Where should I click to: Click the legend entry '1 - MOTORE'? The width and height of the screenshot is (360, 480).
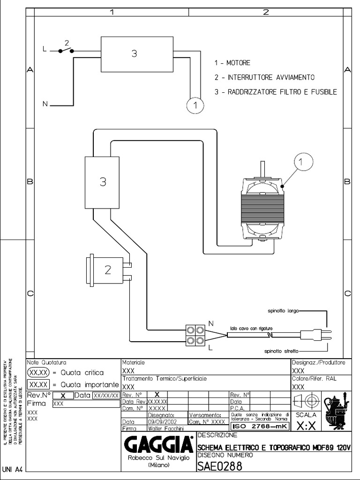point(232,63)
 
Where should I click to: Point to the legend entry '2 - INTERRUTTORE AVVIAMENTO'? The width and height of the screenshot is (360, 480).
point(264,77)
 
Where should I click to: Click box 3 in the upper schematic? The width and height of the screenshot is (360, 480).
point(134,54)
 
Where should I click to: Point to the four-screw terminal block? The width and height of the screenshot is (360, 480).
point(195,335)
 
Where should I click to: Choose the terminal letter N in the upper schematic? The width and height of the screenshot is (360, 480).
point(45,104)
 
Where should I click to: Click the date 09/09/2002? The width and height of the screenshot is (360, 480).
point(160,421)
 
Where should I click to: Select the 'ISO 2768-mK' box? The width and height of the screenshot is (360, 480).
point(259,426)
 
